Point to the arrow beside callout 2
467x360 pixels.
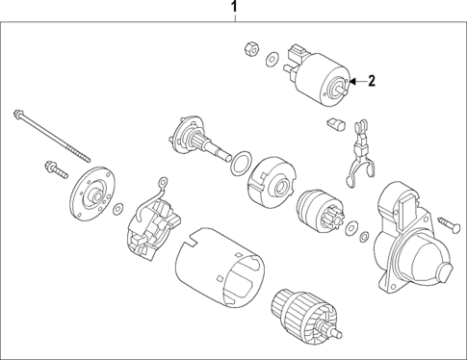[354, 82]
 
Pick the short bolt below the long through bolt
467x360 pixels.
[49, 169]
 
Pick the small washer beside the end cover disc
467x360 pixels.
[117, 209]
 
